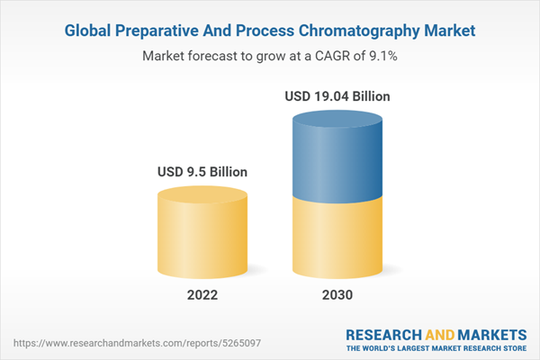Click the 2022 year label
point(203,295)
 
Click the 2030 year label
point(337,295)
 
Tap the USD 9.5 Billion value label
point(202,171)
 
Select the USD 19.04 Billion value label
point(337,95)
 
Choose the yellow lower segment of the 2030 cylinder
point(337,238)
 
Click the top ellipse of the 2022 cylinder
point(202,194)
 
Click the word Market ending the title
point(450,31)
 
